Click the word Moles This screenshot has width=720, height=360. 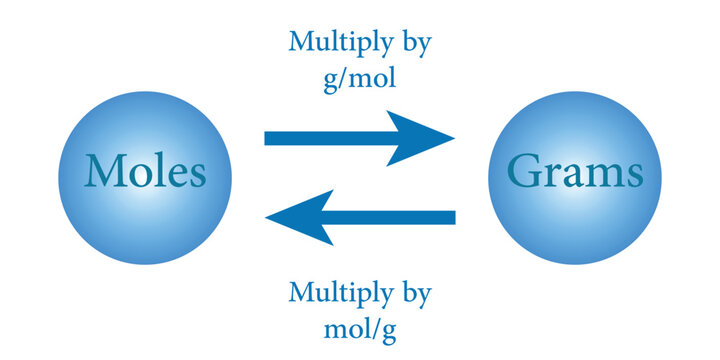(146, 172)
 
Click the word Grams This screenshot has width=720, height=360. (574, 172)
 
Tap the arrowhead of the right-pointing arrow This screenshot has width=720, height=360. (425, 138)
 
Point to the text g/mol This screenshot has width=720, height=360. (360, 78)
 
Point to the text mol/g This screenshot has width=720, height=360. (359, 326)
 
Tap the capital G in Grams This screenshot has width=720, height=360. (526, 172)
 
